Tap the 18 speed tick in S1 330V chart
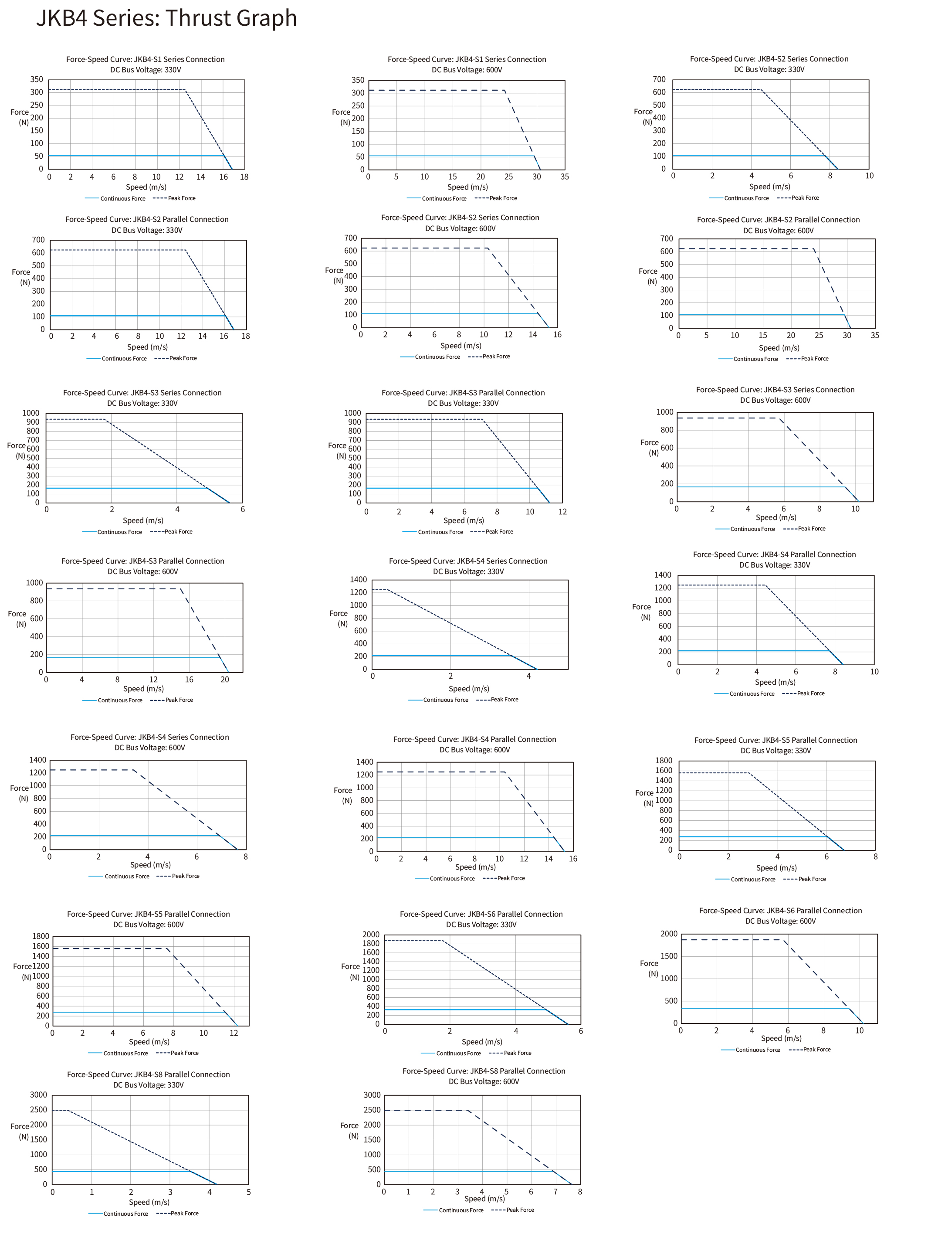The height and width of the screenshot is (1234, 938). pos(244,177)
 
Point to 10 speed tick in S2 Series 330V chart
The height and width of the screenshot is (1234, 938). pos(869,176)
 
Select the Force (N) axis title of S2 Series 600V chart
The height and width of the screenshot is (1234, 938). pos(335,275)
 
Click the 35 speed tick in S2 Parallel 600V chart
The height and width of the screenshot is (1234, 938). pos(874,336)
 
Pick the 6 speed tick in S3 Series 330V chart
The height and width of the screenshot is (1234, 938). pos(242,510)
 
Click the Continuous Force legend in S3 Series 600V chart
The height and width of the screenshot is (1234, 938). pos(752,529)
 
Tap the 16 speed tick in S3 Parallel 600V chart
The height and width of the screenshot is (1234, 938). pos(189,680)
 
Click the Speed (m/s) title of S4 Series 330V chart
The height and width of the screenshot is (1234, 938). pos(469,689)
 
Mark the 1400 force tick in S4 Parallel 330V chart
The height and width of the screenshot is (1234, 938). pos(663,575)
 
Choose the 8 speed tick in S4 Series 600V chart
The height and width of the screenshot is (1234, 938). pos(245,857)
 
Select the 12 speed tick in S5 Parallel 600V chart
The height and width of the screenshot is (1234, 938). pos(234,1033)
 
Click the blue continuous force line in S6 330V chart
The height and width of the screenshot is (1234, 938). pos(464,1010)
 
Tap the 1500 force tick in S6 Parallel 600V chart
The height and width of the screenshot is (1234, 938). pos(669,956)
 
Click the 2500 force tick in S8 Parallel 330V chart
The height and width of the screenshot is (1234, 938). pos(38,1109)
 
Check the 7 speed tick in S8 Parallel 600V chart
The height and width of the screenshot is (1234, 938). pos(555,1192)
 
